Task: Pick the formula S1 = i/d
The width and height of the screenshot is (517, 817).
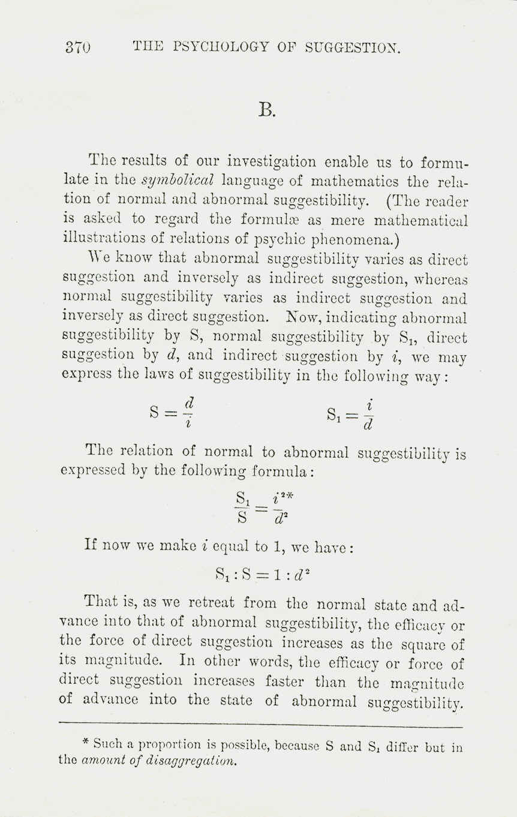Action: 351,413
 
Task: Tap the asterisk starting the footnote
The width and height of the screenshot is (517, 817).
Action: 86,742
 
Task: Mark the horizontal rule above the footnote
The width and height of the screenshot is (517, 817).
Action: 262,726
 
